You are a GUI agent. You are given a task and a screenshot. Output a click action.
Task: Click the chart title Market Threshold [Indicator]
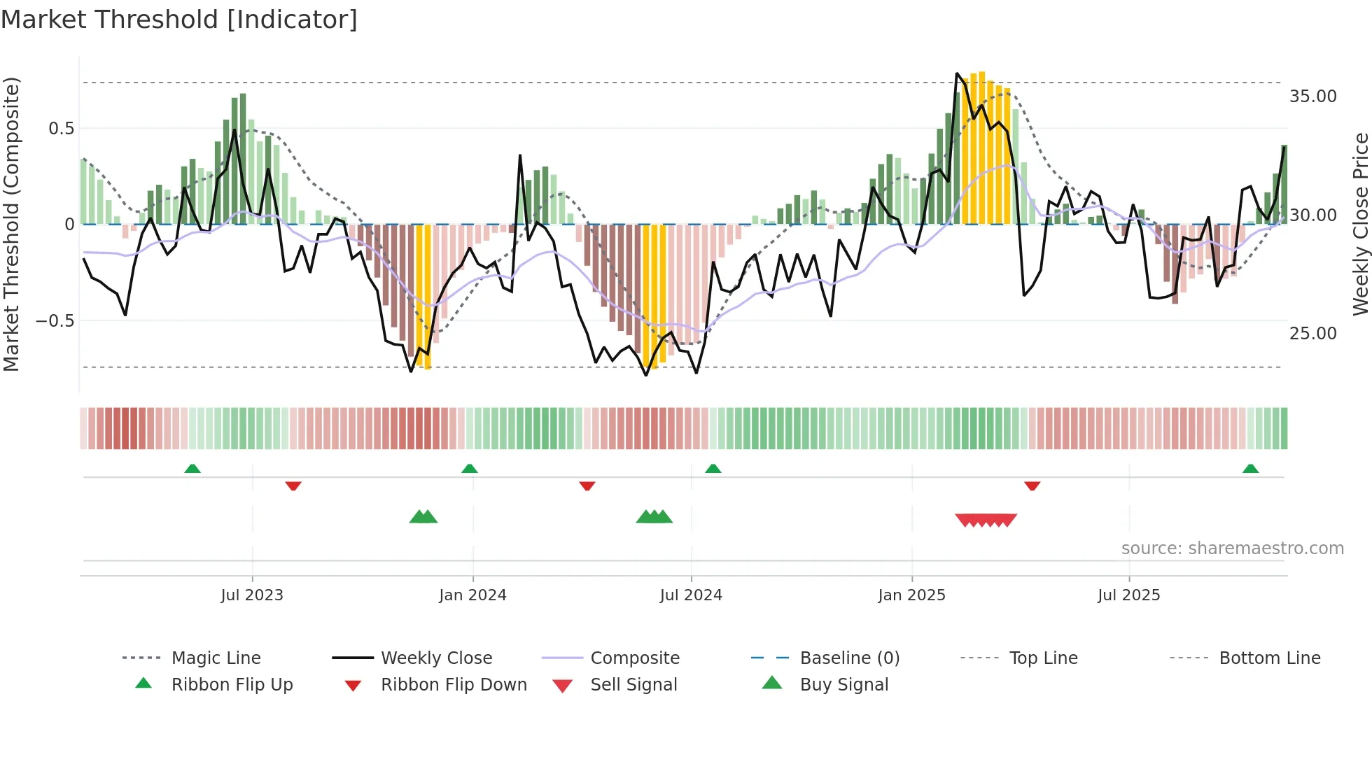coord(179,20)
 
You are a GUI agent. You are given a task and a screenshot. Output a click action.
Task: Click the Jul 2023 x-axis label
coord(252,595)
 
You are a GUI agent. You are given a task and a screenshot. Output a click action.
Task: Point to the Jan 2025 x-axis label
coord(911,595)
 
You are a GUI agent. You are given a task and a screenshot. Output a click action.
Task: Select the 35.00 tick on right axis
coord(1312,97)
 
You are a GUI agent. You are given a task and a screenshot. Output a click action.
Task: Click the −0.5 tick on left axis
coord(55,321)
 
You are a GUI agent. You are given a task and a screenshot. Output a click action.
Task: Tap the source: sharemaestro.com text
coord(1232,549)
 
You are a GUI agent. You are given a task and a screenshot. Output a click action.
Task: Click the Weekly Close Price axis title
coord(1360,224)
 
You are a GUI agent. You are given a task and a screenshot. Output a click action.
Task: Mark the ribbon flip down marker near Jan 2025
coord(1032,486)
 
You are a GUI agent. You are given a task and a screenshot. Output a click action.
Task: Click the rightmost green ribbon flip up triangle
coord(1250,469)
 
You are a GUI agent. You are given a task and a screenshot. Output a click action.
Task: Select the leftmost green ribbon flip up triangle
coord(192,469)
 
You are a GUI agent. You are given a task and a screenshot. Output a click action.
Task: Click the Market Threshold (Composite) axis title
coord(11,224)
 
